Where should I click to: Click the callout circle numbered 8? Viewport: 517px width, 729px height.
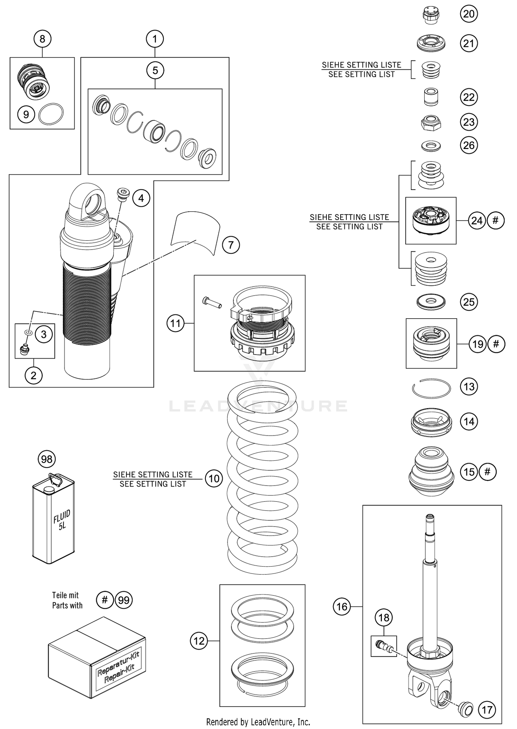click(x=42, y=39)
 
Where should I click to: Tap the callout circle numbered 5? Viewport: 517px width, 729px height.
click(x=155, y=70)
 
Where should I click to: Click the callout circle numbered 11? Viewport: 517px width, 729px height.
click(x=175, y=323)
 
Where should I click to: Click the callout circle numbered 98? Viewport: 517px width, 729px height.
click(x=47, y=459)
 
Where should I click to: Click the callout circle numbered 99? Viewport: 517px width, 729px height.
click(x=124, y=600)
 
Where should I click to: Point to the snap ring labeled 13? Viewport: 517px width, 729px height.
click(x=431, y=388)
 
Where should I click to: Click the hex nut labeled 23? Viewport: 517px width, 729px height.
click(x=431, y=122)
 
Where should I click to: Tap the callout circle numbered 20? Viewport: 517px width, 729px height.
click(x=469, y=14)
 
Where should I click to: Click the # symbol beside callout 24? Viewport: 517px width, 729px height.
click(x=496, y=220)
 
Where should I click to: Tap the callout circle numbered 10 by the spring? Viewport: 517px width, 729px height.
click(x=214, y=479)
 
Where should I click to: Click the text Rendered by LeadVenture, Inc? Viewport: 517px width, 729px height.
click(x=258, y=722)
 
